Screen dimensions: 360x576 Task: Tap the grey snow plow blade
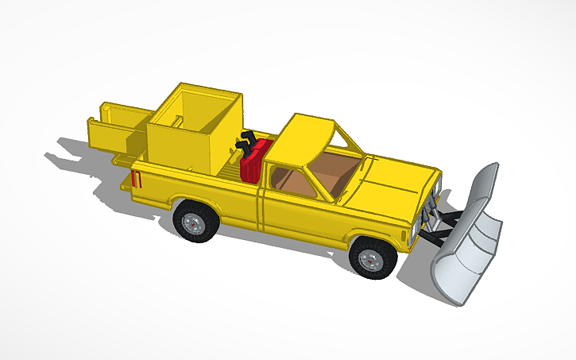(x=469, y=238)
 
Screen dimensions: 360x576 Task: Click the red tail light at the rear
(x=137, y=180)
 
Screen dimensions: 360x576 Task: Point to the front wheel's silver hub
(x=369, y=259)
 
